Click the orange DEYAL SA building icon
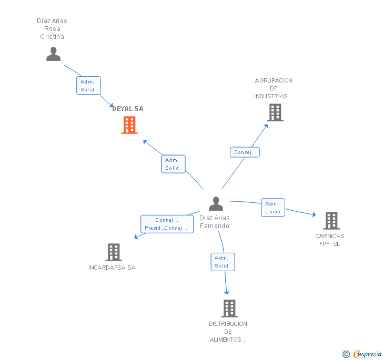tap(129, 125)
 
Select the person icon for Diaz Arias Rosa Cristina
tap(53, 54)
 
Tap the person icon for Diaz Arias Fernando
tap(216, 203)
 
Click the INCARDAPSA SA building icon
tap(114, 252)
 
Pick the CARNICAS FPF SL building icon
tap(331, 221)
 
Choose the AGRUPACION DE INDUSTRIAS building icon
tap(275, 112)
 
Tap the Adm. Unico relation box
tap(273, 208)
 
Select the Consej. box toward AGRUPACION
tap(245, 152)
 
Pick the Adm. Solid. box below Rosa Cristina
tap(88, 86)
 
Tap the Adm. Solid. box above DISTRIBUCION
tap(223, 262)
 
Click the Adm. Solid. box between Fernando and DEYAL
tap(173, 164)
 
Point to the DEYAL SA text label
tap(128, 109)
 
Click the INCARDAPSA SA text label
tap(112, 268)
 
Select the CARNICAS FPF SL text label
tap(330, 240)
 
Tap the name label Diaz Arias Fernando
tap(215, 222)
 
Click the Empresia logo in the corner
tap(362, 354)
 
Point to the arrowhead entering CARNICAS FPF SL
tap(314, 214)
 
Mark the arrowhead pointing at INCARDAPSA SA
tap(136, 237)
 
